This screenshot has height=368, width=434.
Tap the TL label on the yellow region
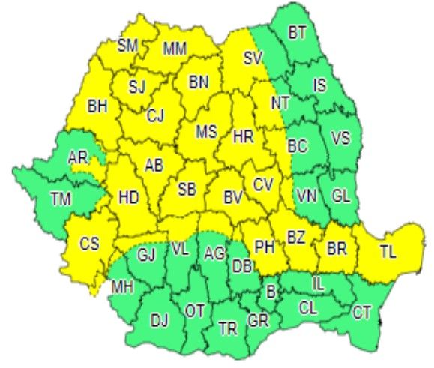[x=388, y=253]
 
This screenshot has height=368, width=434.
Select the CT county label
[x=362, y=310]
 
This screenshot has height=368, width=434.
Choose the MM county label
[x=175, y=49]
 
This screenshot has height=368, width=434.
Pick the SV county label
[x=254, y=57]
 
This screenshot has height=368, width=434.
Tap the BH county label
[x=98, y=106]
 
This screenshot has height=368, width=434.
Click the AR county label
[x=78, y=157]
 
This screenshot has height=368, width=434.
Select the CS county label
[x=89, y=244]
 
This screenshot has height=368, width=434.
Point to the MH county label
[x=121, y=286]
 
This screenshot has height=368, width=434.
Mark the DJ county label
[x=160, y=321]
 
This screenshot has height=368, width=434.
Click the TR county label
[x=227, y=328]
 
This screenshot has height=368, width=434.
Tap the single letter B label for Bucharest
[x=271, y=289]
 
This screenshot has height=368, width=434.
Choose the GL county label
[x=341, y=196]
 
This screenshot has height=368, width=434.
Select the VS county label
[x=340, y=138]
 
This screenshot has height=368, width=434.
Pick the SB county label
[x=188, y=190]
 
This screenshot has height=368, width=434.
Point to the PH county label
[x=264, y=245]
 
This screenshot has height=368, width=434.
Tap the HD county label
[x=128, y=198]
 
